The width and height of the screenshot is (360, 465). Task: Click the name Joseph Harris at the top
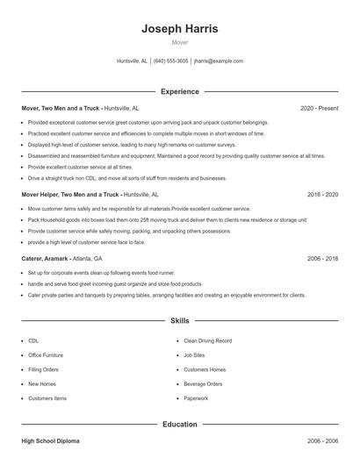(180, 29)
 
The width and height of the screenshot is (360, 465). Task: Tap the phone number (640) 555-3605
(170, 61)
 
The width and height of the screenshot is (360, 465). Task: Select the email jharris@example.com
(219, 61)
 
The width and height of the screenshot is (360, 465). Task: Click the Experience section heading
(180, 91)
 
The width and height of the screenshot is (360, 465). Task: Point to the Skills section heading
(180, 322)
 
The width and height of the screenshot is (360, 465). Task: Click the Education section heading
(180, 425)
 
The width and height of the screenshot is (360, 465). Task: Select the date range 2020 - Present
(320, 108)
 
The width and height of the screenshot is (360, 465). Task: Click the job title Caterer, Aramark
(46, 259)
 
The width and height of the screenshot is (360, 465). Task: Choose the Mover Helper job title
(70, 194)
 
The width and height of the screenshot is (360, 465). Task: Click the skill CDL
(33, 340)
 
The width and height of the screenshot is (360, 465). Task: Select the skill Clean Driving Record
(207, 340)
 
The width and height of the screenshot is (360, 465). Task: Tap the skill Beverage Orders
(203, 383)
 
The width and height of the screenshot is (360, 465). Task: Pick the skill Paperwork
(196, 398)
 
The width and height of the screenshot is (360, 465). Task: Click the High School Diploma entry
(54, 440)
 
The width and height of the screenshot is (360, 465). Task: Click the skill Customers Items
(47, 398)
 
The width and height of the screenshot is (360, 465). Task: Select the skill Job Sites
(194, 354)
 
